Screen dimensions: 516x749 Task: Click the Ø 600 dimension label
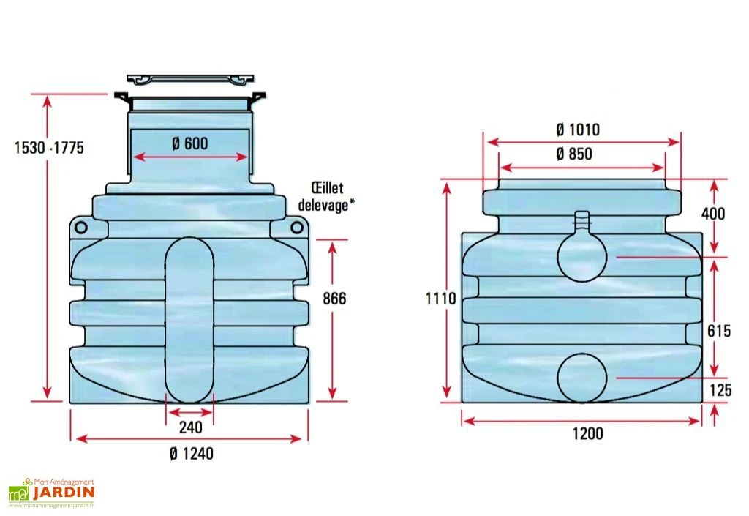pos(190,144)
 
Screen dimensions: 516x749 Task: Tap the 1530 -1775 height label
pos(49,148)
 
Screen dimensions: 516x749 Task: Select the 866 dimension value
pos(334,299)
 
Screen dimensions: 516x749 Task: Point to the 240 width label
pos(190,427)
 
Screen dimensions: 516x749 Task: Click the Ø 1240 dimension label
pos(191,454)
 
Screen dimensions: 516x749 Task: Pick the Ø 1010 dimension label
pos(578,130)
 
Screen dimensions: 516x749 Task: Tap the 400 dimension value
pos(713,214)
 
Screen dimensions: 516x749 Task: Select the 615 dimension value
pos(719,331)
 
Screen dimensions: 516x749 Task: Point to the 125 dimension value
pos(720,391)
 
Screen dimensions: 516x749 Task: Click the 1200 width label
pos(587,434)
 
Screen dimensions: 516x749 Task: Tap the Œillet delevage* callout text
pos(326,196)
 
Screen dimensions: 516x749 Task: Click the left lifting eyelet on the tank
pos(81,228)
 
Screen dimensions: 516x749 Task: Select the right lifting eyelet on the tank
pos(297,228)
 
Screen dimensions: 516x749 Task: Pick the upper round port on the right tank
pos(583,257)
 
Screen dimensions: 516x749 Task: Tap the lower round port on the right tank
pos(582,378)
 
